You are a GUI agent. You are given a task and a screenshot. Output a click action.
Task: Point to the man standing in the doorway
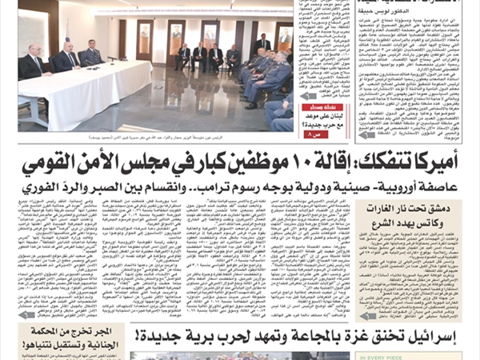pos(262,44)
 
